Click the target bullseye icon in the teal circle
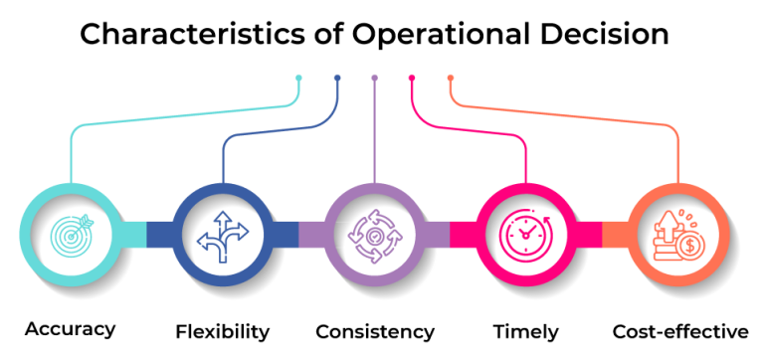coord(72,235)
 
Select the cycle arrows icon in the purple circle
coord(374,236)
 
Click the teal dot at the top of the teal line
coord(298,77)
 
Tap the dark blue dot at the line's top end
coord(337,77)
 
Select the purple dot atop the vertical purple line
coord(374,77)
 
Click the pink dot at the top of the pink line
coord(412,77)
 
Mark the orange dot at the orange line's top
coord(451,77)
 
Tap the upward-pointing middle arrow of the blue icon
coord(223,225)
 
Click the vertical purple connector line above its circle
coord(374,129)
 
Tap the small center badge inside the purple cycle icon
coord(374,236)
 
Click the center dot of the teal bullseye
coord(70,237)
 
